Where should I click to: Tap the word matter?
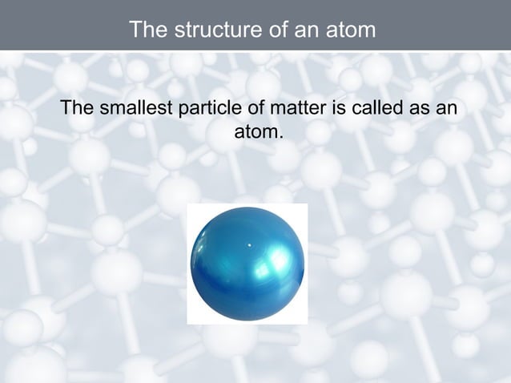(288, 107)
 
